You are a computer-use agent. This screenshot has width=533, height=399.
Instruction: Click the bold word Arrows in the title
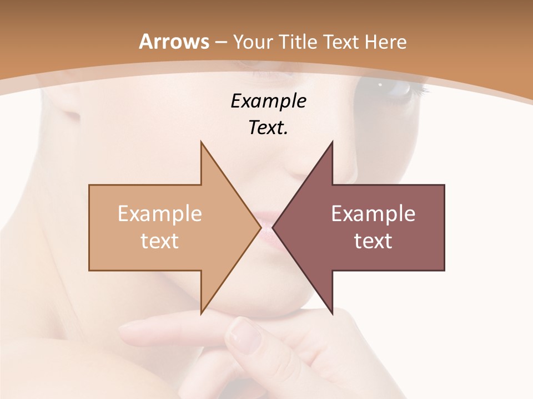coord(174,42)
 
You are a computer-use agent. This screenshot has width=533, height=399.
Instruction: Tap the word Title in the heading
coord(298,42)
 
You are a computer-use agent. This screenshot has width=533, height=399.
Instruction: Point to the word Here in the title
coord(385,42)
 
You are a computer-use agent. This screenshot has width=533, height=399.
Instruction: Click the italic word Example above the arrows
coord(268,101)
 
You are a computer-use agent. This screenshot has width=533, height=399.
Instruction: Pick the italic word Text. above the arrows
coord(268,128)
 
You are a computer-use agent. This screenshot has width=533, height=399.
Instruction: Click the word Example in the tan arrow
coord(160,213)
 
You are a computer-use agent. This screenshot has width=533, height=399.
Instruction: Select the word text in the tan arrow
coord(160,241)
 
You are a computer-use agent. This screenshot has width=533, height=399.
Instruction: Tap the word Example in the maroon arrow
coord(373,213)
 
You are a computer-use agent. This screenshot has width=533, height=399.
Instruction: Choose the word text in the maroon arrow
coord(373,241)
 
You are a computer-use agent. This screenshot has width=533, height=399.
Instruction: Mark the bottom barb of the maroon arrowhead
coord(332,312)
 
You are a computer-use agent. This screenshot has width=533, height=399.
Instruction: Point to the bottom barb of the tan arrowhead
coord(202,312)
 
